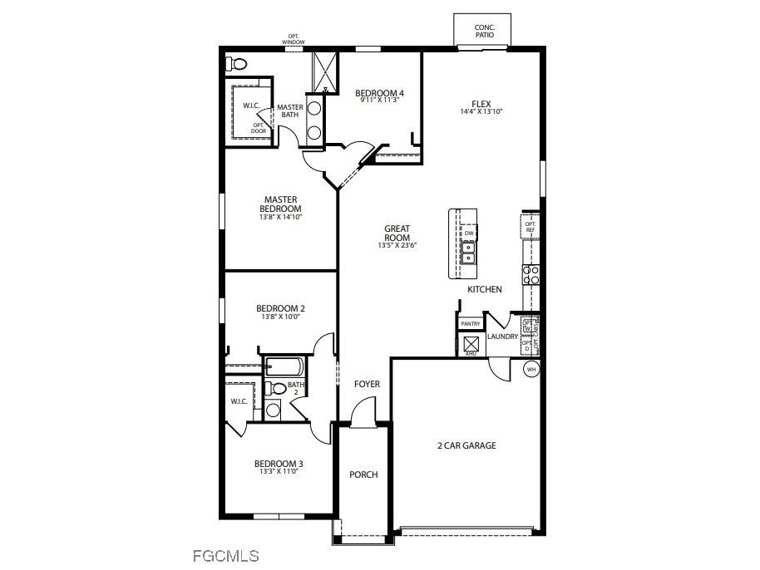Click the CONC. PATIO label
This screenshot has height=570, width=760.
[x=484, y=31]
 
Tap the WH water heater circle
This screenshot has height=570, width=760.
[x=531, y=369]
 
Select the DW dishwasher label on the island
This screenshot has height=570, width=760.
[x=469, y=233]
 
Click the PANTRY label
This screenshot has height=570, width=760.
[x=471, y=324]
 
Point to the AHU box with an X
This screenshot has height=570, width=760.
[x=471, y=343]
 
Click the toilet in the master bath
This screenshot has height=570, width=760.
[x=237, y=63]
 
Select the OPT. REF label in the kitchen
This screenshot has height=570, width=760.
[x=531, y=225]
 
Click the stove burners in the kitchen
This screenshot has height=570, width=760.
[x=531, y=275]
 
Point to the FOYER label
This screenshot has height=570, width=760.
[x=367, y=384]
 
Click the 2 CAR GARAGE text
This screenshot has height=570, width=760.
[x=466, y=445]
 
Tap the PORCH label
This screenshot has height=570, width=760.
[x=363, y=474]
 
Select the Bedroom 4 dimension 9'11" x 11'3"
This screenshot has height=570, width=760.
[x=379, y=101]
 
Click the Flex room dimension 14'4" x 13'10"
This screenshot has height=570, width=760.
[x=481, y=111]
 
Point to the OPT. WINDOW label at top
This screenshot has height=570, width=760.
[x=294, y=39]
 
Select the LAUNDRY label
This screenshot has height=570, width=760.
[x=502, y=337]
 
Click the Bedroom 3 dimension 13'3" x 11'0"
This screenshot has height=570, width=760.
[x=279, y=471]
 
